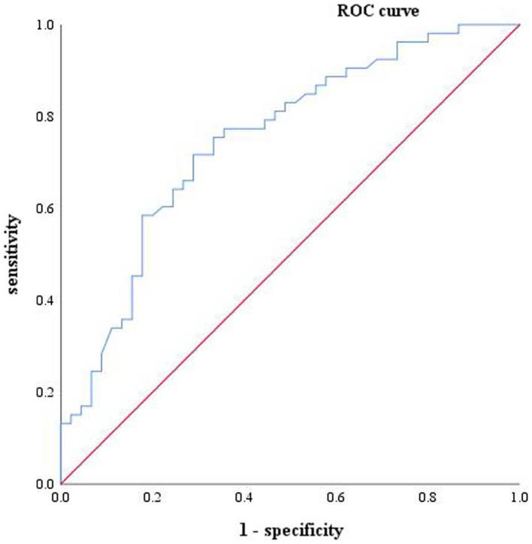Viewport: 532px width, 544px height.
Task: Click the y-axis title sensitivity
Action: coord(12,254)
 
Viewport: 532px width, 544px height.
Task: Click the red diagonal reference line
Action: coord(289,254)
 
